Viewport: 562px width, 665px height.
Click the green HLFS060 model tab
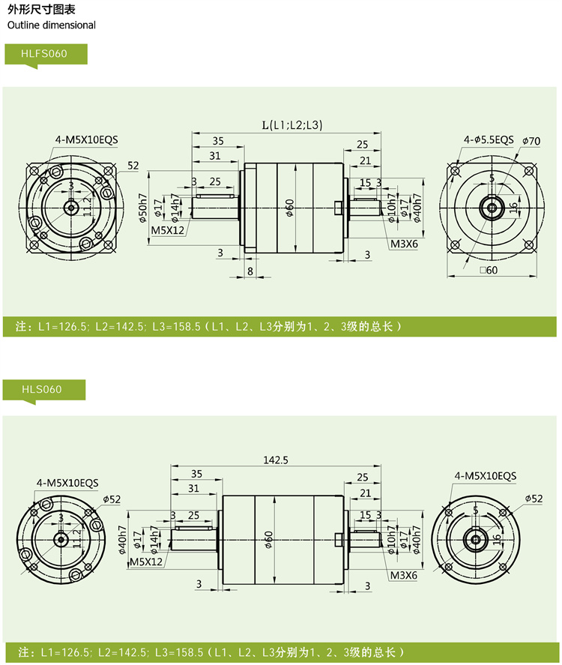[46, 55]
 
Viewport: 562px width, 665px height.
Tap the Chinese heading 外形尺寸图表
[37, 10]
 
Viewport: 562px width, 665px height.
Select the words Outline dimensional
[52, 25]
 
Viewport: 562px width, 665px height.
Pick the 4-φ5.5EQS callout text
[489, 139]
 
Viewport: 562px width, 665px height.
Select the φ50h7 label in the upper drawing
[142, 208]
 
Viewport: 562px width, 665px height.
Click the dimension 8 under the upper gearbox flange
[250, 271]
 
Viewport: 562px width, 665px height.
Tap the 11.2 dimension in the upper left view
[87, 204]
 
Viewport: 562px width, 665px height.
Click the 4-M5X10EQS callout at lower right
[485, 475]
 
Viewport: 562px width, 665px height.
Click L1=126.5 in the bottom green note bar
[65, 652]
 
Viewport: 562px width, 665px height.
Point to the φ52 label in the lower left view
[112, 499]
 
